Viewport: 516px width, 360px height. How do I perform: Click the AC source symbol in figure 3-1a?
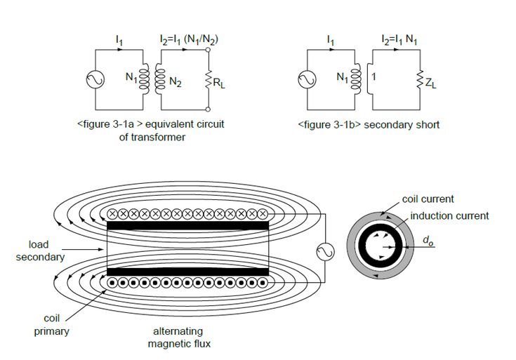pyautogui.click(x=95, y=79)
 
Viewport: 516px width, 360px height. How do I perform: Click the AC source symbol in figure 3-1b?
pyautogui.click(x=307, y=79)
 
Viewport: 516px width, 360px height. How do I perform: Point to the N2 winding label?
pyautogui.click(x=176, y=82)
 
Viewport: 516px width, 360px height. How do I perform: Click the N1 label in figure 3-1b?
pyautogui.click(x=343, y=78)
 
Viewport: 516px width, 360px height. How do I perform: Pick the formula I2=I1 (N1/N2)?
pyautogui.click(x=189, y=40)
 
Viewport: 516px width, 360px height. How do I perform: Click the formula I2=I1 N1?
pyautogui.click(x=399, y=40)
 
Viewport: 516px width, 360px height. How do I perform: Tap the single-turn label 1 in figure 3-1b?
pyautogui.click(x=373, y=76)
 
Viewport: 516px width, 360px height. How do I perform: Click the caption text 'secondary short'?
pyautogui.click(x=402, y=125)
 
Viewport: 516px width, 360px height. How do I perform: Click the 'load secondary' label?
pyautogui.click(x=40, y=251)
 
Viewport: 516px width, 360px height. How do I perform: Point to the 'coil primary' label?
pyautogui.click(x=52, y=325)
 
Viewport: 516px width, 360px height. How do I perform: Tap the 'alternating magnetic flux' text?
pyautogui.click(x=179, y=338)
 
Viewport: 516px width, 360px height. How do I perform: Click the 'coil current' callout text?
pyautogui.click(x=428, y=199)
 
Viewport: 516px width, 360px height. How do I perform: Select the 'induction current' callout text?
pyautogui.click(x=449, y=216)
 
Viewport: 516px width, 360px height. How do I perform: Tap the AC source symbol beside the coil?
pyautogui.click(x=326, y=252)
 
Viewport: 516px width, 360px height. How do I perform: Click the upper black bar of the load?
pyautogui.click(x=188, y=225)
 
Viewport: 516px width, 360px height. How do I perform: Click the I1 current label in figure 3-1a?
pyautogui.click(x=119, y=41)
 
